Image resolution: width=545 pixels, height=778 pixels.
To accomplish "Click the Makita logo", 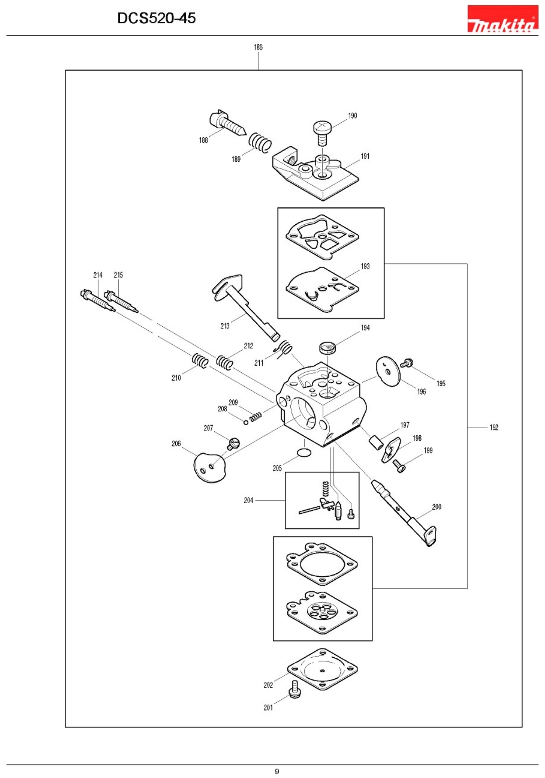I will (x=502, y=19).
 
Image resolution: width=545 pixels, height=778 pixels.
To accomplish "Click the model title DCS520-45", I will (x=156, y=18).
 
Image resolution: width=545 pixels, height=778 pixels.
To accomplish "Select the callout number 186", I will (x=258, y=47).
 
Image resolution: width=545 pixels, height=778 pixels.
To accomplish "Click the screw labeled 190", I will (x=322, y=132).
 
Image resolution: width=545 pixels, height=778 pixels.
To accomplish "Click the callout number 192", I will (x=494, y=427).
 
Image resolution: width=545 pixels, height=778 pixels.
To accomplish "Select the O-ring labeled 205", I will (x=304, y=452).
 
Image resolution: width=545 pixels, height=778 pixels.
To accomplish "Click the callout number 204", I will (x=248, y=500).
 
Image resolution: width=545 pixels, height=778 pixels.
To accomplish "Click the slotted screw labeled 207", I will (x=234, y=443).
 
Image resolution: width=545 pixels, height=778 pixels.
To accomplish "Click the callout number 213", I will (x=225, y=326).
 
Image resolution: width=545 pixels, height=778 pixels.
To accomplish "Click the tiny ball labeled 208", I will (x=246, y=422).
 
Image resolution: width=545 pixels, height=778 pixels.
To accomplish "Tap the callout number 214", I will (x=98, y=275).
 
